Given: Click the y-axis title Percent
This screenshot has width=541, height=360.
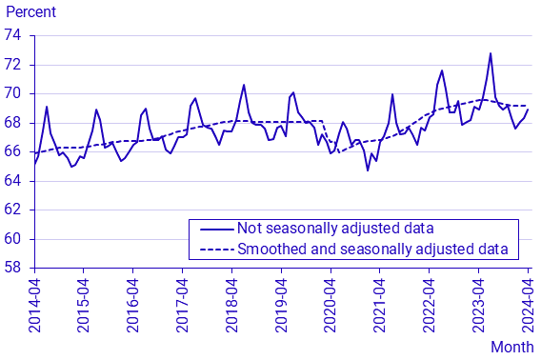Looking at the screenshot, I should [30, 12].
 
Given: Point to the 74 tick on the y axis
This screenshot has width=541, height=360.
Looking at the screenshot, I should [14, 35].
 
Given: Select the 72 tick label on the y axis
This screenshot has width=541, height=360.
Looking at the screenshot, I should [14, 65].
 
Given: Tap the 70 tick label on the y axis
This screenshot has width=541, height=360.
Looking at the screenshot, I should [14, 93].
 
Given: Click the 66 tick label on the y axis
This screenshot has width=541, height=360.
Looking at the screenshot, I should [14, 151].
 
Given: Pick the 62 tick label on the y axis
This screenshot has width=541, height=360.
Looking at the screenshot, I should [14, 210].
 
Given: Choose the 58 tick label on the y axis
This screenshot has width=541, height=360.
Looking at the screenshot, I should [14, 268].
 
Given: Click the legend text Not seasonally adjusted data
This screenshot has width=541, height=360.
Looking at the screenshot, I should [335, 229].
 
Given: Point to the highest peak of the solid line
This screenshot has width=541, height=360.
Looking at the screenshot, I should [491, 53].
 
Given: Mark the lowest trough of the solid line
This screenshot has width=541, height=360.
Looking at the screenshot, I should [368, 170].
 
